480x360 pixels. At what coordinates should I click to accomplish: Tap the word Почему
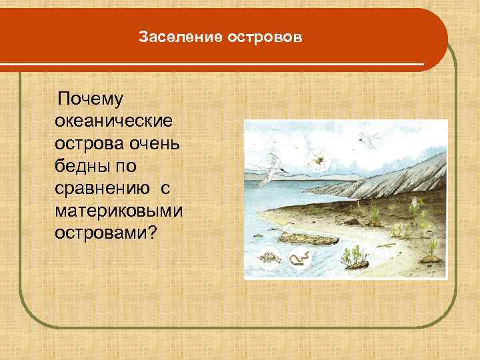[x=91, y=100]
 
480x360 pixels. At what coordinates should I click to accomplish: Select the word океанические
[x=115, y=123]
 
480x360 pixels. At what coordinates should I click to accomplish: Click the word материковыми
[x=120, y=212]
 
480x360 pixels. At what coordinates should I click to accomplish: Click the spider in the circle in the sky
[x=318, y=159]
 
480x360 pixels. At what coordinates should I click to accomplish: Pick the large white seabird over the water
[x=270, y=173]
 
